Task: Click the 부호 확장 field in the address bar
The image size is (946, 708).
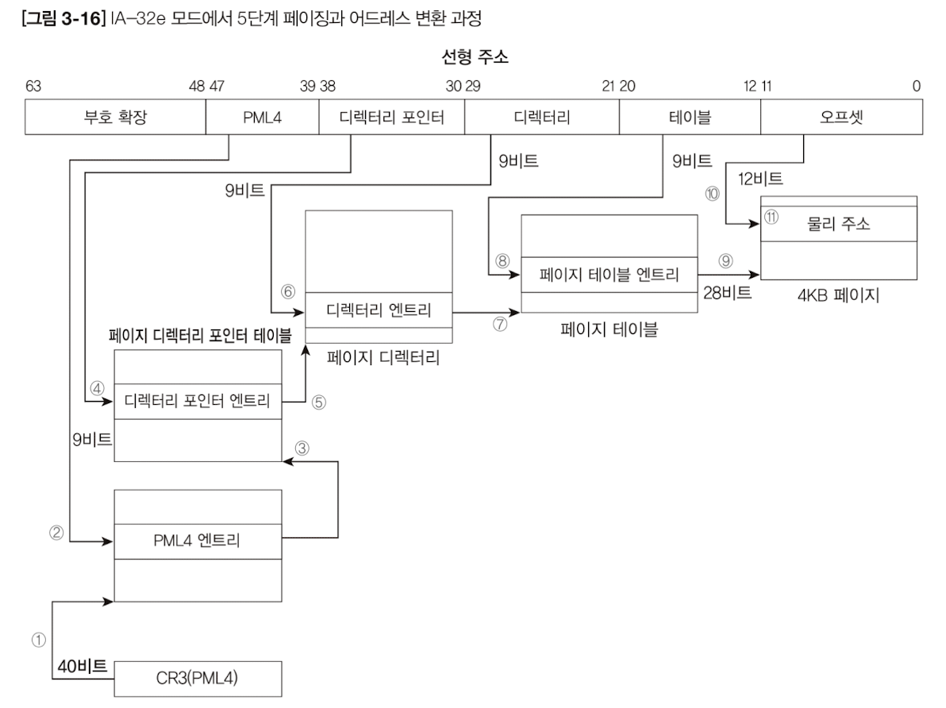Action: point(115,118)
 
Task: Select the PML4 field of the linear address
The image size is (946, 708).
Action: point(261,118)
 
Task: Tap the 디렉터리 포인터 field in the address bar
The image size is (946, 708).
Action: point(390,118)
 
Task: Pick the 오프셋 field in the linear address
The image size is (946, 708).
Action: point(840,118)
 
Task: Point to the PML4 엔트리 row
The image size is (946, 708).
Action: point(198,542)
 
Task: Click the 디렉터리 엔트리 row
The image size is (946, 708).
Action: point(378,310)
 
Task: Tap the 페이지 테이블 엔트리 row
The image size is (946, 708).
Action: point(609,276)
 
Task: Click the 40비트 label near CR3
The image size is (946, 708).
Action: point(82,666)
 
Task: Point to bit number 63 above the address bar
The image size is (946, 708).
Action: point(33,87)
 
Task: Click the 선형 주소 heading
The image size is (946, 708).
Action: point(473,58)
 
